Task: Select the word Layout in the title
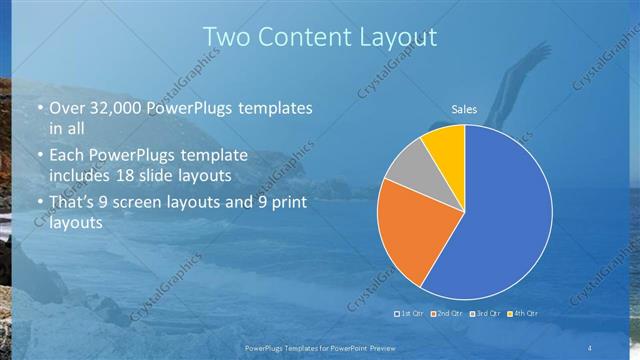(x=400, y=37)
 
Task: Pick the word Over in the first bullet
(x=66, y=107)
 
